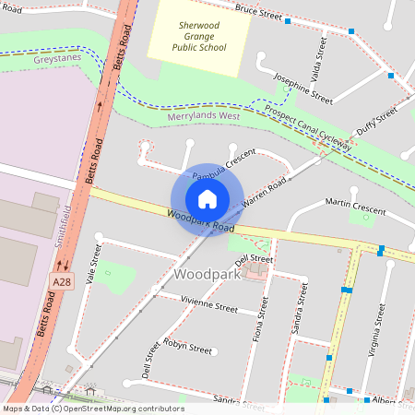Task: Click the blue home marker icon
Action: [207, 199]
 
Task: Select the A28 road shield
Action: [62, 282]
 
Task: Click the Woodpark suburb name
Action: [207, 275]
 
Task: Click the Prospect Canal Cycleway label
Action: [308, 128]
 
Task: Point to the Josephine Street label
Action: [303, 88]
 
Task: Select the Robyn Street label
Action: [187, 349]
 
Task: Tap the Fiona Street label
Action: [261, 319]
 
